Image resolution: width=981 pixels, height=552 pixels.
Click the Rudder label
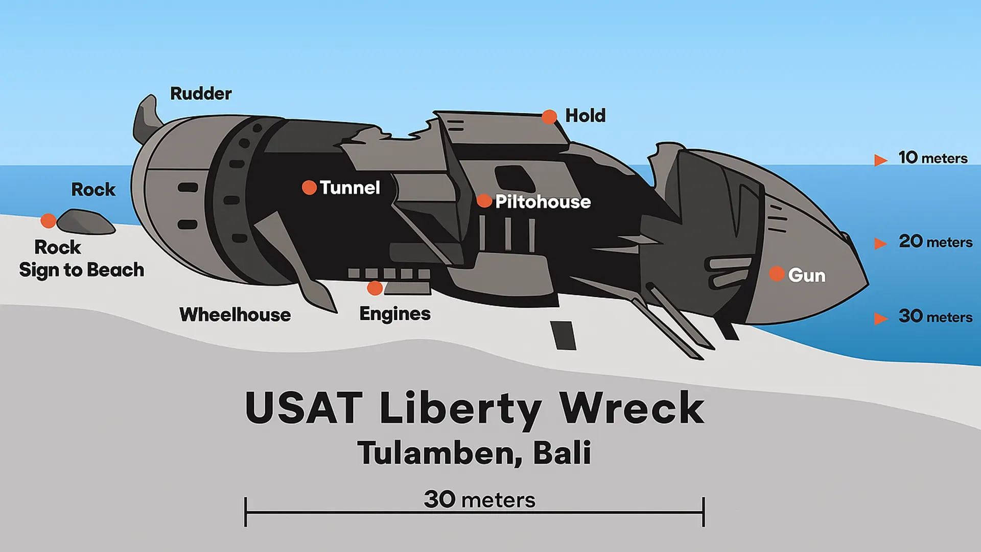[x=200, y=94]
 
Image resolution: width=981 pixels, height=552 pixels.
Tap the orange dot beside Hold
[x=549, y=117]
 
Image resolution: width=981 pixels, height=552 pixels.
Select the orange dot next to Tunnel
[x=309, y=188]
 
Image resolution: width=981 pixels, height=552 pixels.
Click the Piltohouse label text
[x=543, y=202]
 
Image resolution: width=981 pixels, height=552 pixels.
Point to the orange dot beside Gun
[x=777, y=274]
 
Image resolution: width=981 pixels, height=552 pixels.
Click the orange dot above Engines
[x=375, y=288]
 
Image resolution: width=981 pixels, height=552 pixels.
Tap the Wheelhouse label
[x=235, y=315]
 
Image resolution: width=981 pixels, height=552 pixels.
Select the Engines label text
[x=394, y=314]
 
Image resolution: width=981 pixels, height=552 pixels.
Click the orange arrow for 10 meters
[x=880, y=160]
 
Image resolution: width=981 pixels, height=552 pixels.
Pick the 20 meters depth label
[x=935, y=241]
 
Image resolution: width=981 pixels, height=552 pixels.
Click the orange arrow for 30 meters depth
[x=880, y=318]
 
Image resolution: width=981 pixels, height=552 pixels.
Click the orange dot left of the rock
[x=48, y=221]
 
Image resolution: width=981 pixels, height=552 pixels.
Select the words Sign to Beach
[x=81, y=270]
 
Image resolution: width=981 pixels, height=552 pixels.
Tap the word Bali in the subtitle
[x=562, y=453]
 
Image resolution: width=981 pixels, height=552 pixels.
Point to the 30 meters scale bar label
[x=479, y=499]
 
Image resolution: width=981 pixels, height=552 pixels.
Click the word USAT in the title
[x=304, y=408]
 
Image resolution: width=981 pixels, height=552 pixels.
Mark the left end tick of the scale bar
[x=246, y=512]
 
